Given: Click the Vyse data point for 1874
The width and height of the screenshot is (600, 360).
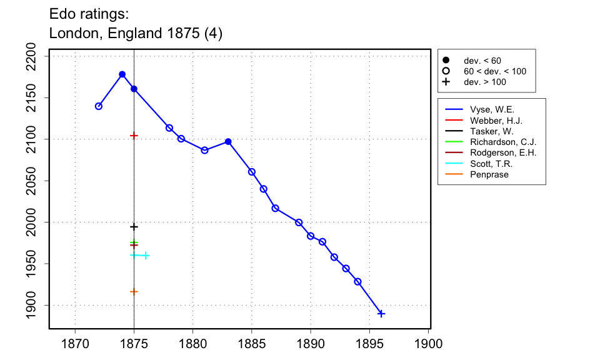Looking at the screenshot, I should pos(122,74).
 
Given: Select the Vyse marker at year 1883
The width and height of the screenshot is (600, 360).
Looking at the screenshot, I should pos(228,142).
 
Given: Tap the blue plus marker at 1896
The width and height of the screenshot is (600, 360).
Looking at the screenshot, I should pos(381,314).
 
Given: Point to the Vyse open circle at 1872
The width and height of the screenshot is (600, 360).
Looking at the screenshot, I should pos(99,106).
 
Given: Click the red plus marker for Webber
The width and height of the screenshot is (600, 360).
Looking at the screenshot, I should pos(134,136).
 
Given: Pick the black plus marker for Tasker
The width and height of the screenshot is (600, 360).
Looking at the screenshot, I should pos(134,226).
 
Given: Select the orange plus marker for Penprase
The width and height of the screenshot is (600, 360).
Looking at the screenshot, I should pos(134,291).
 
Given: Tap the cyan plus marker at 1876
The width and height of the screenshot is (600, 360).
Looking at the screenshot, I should pos(146,255).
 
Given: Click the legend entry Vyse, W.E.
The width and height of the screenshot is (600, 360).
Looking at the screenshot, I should pos(492,109).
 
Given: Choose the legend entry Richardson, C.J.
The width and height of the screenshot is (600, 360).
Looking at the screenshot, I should pos(503,142).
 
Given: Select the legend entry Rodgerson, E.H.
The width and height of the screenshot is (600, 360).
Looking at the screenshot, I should pos(503,152).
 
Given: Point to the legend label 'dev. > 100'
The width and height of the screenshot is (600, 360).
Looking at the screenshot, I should pos(484,82).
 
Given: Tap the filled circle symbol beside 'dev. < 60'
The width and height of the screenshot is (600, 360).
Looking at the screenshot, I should pos(446,60).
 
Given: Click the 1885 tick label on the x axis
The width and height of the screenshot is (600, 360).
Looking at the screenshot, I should pos(252,343).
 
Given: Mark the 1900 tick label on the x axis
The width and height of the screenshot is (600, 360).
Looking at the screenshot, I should pos(429,343).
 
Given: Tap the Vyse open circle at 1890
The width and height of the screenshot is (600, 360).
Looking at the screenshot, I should pos(311,236).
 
